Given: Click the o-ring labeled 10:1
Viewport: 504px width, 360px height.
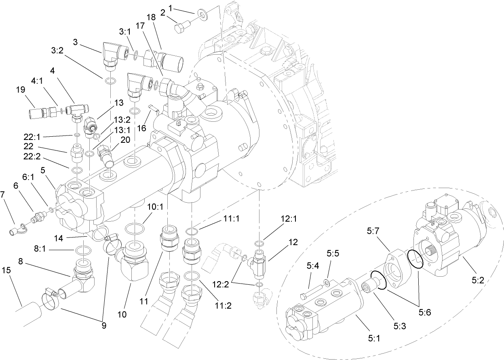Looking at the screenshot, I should coord(134,229).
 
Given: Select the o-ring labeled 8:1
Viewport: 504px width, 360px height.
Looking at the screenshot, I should coord(83,252).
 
